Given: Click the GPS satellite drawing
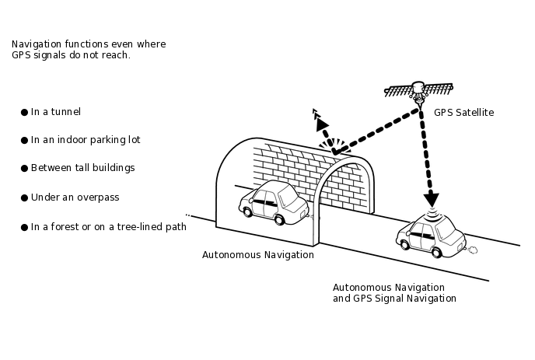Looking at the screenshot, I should [x=418, y=91].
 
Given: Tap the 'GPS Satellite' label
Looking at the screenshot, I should [x=463, y=113].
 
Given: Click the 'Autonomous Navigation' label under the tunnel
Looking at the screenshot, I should [x=258, y=254].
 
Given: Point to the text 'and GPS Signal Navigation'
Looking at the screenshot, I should [x=394, y=299].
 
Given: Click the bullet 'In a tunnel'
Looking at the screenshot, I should [x=56, y=112].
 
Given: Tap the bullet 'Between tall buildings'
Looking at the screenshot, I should [x=82, y=168].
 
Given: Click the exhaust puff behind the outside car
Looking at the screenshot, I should [x=471, y=248].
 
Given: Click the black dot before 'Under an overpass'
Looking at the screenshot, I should [x=24, y=197].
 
